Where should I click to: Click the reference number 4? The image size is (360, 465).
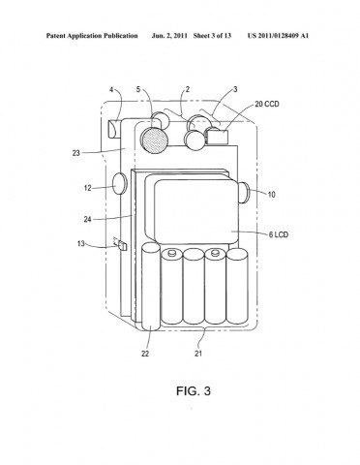111,89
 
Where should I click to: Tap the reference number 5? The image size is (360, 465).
138,89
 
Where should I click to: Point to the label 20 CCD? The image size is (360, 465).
267,104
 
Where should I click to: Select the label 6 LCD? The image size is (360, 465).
279,234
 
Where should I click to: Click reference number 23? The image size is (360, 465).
75,153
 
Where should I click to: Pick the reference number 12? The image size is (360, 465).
88,188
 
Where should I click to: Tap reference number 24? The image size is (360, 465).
88,219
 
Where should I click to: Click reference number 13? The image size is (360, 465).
81,243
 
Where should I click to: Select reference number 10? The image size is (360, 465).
272,195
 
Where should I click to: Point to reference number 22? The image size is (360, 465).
145,354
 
